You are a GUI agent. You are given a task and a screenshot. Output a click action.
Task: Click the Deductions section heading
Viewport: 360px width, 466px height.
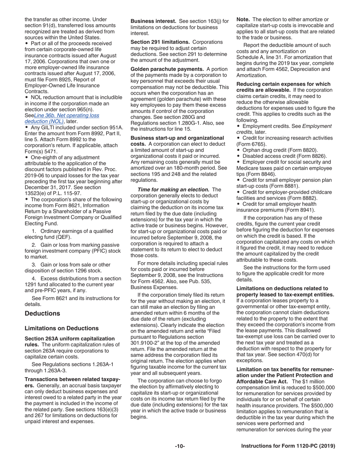pos(42,313)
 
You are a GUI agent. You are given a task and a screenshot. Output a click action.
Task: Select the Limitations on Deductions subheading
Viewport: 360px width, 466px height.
pos(61,328)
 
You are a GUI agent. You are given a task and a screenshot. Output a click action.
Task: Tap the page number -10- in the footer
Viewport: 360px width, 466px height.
pos(180,446)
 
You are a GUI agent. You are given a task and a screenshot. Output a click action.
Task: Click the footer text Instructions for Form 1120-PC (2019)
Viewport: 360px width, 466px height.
pos(288,446)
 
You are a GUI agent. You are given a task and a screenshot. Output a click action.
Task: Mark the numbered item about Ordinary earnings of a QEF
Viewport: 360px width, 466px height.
pos(68,234)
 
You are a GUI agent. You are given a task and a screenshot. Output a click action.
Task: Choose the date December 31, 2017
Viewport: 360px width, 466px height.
pos(50,188)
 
